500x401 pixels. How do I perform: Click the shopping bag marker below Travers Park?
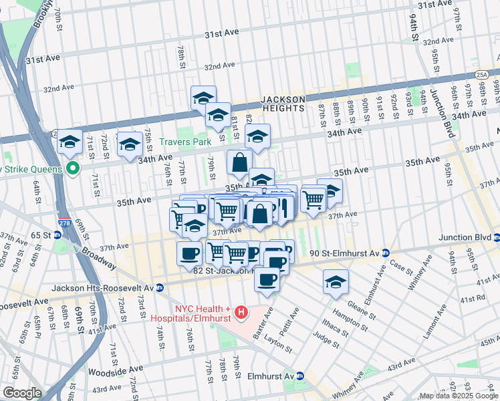click(239, 163)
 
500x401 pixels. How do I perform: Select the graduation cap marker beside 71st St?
click(70, 142)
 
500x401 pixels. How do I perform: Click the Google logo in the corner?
click(22, 392)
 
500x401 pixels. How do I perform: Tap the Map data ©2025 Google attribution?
click(459, 396)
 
